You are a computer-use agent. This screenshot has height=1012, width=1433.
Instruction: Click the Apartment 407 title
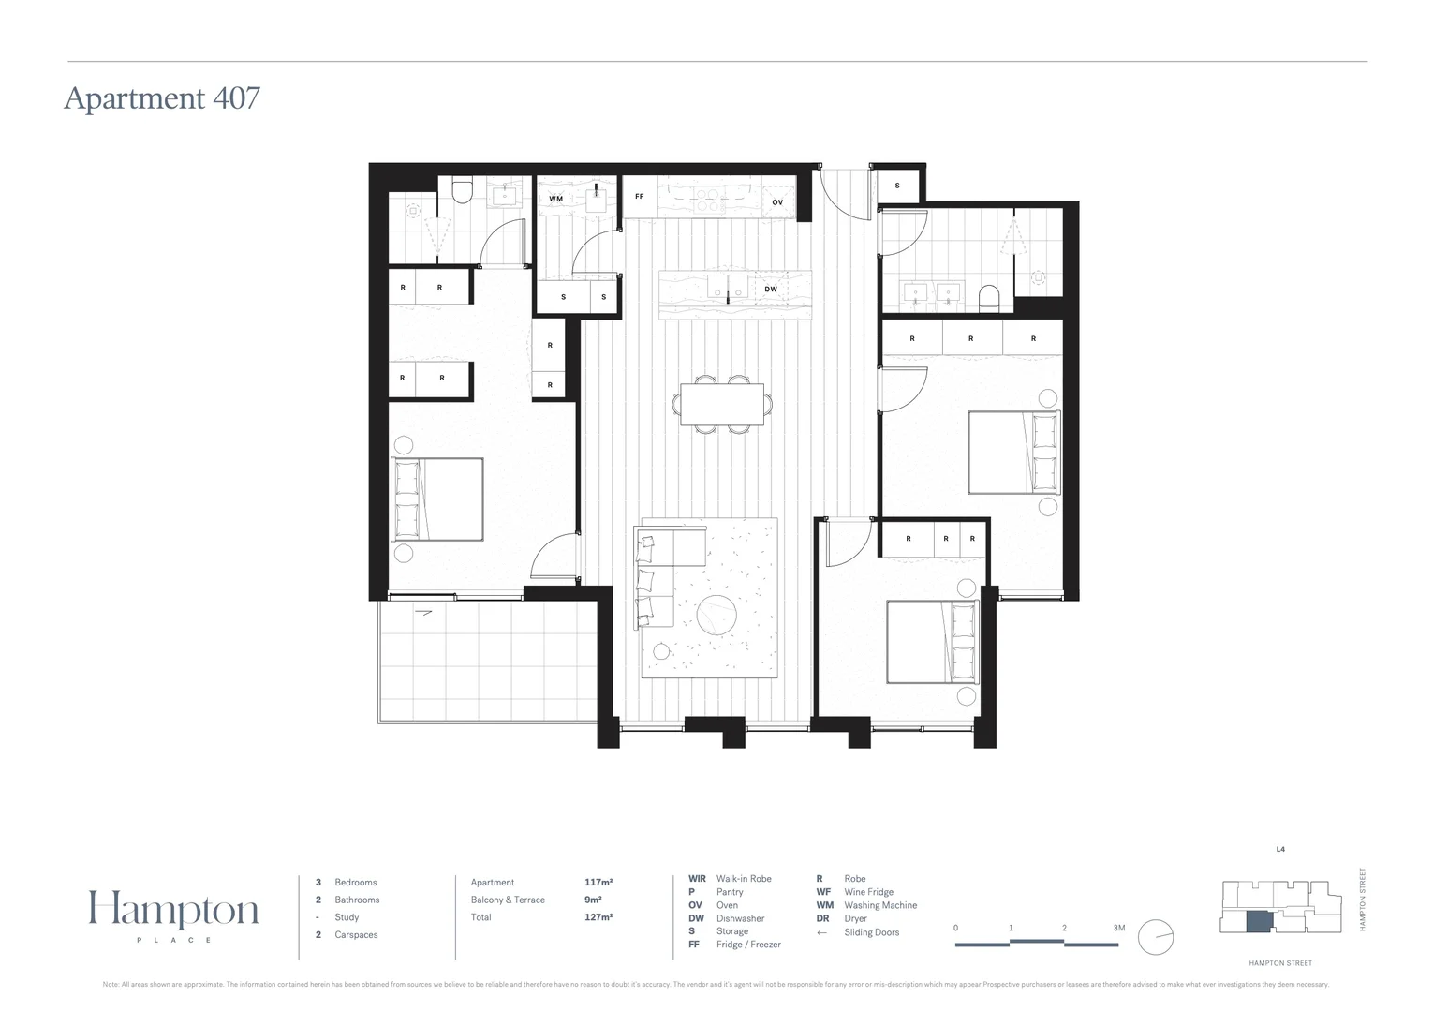[x=162, y=98]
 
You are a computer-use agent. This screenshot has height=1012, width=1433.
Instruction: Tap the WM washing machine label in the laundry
[x=555, y=199]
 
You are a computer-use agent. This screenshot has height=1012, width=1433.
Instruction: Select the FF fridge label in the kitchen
[x=640, y=197]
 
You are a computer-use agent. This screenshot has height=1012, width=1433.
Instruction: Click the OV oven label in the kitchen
[x=777, y=202]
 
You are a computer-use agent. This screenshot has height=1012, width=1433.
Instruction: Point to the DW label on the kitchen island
[x=770, y=290]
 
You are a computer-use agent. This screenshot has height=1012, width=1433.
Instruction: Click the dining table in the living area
[x=722, y=405]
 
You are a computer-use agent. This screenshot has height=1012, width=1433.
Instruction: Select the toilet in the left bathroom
[x=461, y=191]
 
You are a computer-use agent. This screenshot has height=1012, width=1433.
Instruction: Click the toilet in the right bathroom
[x=989, y=299]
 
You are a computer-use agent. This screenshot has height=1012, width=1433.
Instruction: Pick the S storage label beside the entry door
[x=897, y=186]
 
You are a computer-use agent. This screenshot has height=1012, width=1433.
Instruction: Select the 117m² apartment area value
[x=598, y=883]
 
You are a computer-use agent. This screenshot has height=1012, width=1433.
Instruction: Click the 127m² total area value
[x=598, y=917]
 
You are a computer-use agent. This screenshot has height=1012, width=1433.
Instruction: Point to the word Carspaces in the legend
[x=356, y=935]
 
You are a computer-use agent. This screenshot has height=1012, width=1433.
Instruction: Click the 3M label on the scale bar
[x=1118, y=929]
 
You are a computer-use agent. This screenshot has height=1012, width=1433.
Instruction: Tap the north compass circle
[x=1156, y=937]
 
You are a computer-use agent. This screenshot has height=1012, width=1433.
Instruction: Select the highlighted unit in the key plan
[x=1258, y=920]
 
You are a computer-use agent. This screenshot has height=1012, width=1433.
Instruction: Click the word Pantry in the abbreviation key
[x=729, y=892]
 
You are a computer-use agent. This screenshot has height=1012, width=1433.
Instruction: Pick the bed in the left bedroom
[x=436, y=499]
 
